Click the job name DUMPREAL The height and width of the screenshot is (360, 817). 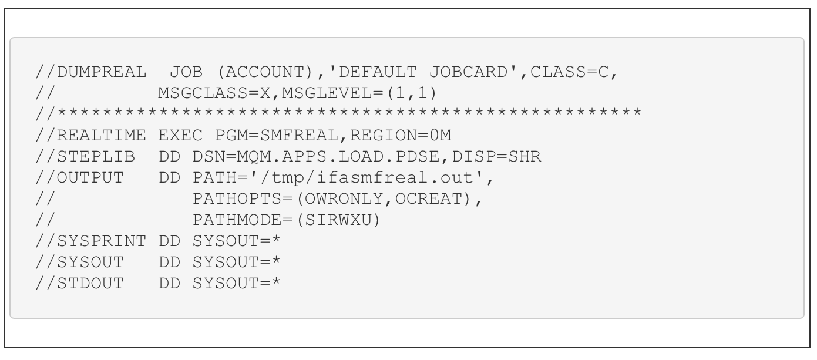[102, 72]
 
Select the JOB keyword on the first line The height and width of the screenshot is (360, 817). [186, 72]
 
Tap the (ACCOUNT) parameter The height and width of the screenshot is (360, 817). [265, 72]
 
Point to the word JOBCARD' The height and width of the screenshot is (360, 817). [473, 72]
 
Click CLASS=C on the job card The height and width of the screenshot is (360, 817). [569, 72]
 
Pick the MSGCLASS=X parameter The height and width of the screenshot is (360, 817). [214, 93]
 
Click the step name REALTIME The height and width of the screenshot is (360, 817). [102, 136]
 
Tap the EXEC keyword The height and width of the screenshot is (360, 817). [180, 136]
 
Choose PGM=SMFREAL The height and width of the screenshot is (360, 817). [277, 136]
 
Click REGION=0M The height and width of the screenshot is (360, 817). [401, 136]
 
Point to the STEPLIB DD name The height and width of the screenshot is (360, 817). [96, 157]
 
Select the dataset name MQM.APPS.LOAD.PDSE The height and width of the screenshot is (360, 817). [338, 157]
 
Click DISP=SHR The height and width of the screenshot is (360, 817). [496, 157]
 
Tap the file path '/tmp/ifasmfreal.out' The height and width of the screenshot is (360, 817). [366, 177]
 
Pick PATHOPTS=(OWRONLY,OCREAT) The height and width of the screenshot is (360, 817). [332, 199]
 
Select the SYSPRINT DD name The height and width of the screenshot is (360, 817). [102, 241]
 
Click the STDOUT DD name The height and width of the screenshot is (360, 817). [90, 284]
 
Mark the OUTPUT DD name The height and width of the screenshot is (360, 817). [90, 178]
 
